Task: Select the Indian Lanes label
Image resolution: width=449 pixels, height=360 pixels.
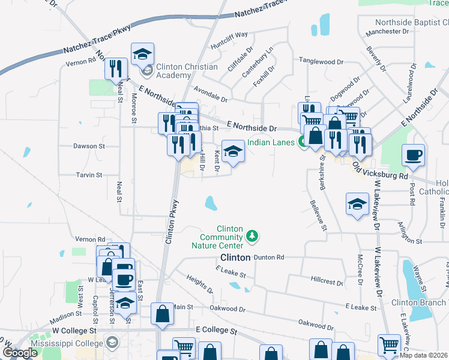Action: click(271, 142)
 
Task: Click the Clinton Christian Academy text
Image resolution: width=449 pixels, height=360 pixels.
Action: click(187, 71)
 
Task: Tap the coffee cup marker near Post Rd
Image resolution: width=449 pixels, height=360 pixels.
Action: click(413, 155)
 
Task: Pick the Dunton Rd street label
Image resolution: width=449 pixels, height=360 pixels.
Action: click(268, 257)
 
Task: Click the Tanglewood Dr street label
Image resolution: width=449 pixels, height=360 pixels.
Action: click(321, 61)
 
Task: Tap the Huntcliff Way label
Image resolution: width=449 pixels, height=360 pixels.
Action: click(229, 40)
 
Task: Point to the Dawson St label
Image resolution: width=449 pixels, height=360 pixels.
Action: click(89, 146)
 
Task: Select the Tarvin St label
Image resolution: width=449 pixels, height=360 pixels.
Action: click(89, 175)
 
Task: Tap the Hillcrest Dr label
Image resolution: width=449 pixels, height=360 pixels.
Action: click(327, 281)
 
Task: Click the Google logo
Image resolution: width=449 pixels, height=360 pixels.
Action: click(20, 353)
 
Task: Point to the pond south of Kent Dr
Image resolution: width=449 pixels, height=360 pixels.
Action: click(210, 203)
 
